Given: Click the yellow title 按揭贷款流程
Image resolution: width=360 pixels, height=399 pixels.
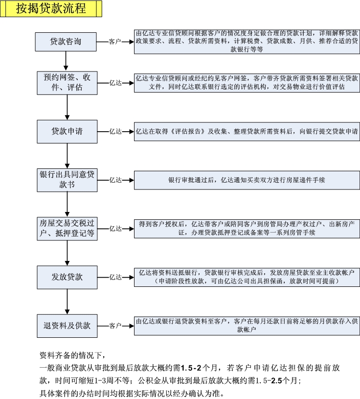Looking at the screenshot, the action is pos(51,9).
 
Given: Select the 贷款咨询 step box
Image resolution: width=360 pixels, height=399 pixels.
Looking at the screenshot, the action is pos(66,42).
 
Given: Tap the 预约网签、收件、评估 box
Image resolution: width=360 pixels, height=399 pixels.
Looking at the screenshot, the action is pos(67,83).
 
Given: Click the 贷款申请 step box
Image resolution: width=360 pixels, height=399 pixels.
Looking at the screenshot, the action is pos(67,132).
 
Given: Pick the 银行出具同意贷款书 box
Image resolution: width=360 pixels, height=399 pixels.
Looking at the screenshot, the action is pos(67,180).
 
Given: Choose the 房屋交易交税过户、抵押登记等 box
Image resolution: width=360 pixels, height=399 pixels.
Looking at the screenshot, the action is pos(67,229).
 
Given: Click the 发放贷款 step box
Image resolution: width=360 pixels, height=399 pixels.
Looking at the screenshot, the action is pos(67,278).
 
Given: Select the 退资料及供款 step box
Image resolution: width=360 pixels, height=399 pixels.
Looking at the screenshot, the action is pos(67,326).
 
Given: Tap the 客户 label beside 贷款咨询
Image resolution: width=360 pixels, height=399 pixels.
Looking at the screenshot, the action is pos(114,42).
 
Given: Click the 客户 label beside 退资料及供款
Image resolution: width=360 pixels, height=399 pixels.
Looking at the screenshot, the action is pos(115,326).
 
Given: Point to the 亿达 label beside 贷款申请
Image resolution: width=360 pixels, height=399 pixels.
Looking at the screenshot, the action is pos(115,132).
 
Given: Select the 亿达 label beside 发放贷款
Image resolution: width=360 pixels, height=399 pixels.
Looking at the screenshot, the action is pos(115,278).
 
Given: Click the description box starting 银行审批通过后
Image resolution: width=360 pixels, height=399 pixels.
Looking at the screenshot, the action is pos(247,180).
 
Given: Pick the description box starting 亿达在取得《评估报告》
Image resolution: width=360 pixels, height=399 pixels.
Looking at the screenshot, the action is pos(247,132).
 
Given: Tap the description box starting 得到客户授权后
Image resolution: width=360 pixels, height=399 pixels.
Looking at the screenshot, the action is pos(247,229).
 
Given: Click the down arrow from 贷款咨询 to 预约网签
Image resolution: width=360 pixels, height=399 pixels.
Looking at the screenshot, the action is pos(66,61).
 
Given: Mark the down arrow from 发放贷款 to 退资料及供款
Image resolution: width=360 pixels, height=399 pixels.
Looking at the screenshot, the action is pos(67,302).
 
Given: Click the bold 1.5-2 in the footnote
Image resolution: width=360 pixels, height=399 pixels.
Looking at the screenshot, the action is pos(191,368).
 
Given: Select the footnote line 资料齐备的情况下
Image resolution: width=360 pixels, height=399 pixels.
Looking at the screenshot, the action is pos(73,355).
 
